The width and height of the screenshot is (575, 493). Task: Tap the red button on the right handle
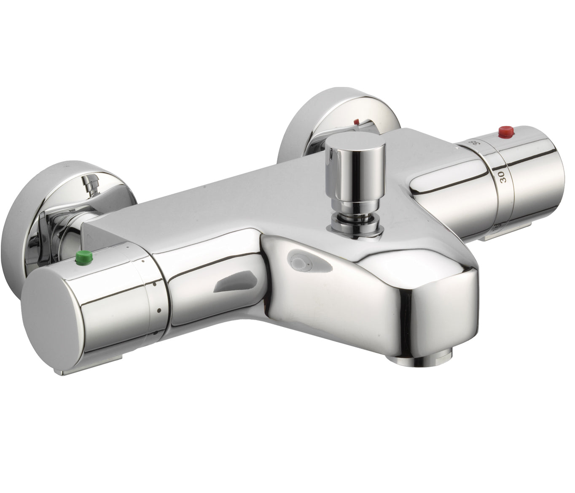505,133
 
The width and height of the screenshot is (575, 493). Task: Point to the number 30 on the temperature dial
502,175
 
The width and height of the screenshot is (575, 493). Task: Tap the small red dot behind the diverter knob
357,122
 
